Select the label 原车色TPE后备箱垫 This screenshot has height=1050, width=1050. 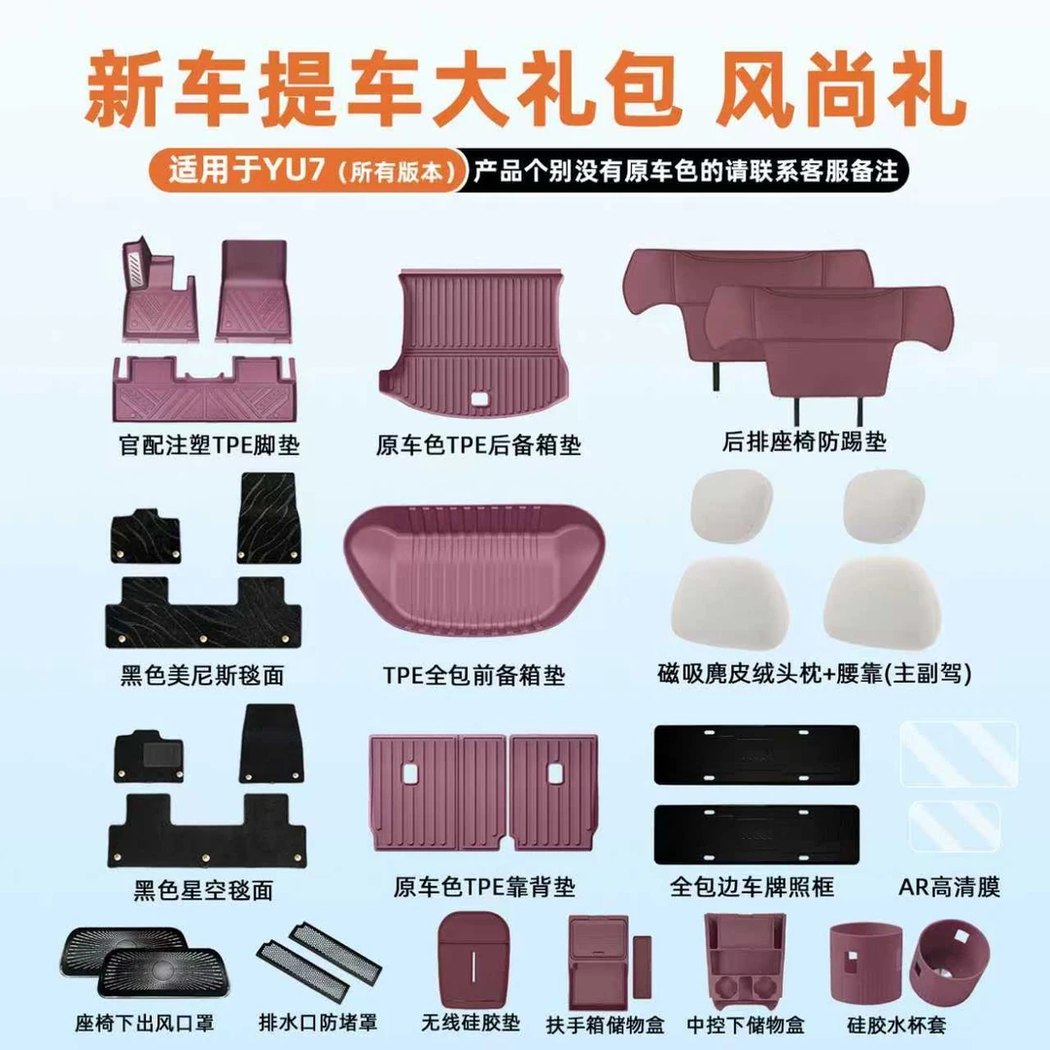pyautogui.click(x=478, y=446)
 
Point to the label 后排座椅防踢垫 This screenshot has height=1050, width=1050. pyautogui.click(x=804, y=442)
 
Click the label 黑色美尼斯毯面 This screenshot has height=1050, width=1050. pyautogui.click(x=202, y=674)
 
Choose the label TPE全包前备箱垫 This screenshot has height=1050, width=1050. pyautogui.click(x=473, y=674)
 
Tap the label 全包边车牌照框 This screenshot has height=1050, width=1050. pyautogui.click(x=752, y=887)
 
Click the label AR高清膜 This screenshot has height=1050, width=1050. pyautogui.click(x=950, y=887)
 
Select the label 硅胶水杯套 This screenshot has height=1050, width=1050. pyautogui.click(x=895, y=1025)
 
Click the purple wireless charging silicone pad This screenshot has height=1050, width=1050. pyautogui.click(x=471, y=959)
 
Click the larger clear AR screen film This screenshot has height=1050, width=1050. pyautogui.click(x=958, y=753)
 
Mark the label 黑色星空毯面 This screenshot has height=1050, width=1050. pyautogui.click(x=202, y=890)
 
